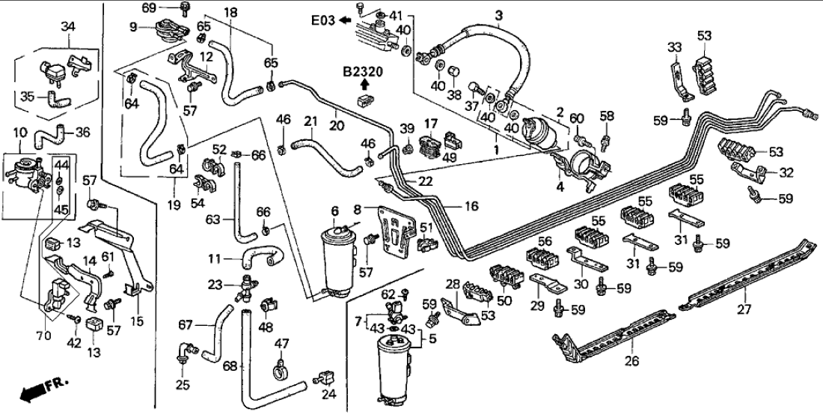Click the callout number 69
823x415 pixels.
coord(149,7)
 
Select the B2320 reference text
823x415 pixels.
coord(363,72)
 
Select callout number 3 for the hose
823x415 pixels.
coord(499,14)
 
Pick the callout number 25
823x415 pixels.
coord(182,387)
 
